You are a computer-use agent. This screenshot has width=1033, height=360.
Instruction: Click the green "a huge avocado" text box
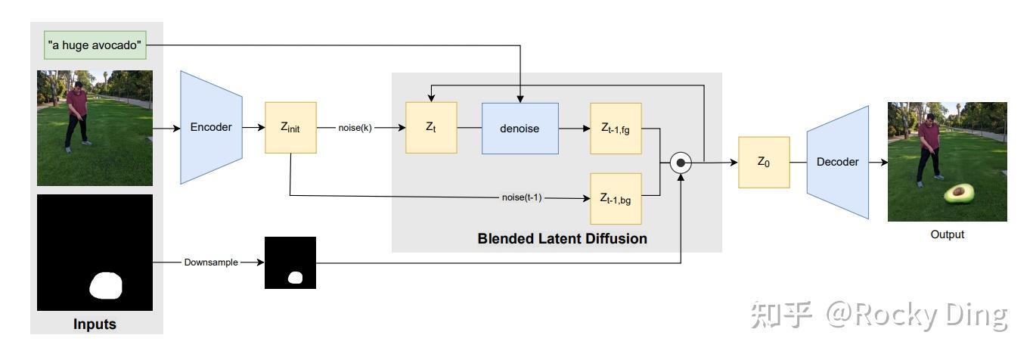point(95,45)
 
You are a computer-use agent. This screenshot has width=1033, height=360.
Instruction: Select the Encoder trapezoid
point(211,127)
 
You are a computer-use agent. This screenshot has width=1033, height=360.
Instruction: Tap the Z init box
point(290,128)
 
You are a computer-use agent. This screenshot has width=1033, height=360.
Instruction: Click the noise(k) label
point(355,128)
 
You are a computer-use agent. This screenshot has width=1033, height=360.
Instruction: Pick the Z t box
point(431,128)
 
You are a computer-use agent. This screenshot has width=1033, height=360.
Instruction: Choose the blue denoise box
point(520,129)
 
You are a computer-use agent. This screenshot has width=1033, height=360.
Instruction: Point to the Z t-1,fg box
point(616,129)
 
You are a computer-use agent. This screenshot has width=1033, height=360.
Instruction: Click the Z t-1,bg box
point(616,199)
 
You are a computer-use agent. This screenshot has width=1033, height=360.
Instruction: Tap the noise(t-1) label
point(522,197)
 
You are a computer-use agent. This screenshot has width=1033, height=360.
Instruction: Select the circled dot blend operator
point(681,163)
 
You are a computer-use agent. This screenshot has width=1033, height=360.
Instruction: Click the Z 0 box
point(764,163)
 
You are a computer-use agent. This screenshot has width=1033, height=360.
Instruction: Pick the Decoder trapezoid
point(837,163)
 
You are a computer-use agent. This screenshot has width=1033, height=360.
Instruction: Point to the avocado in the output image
point(959,194)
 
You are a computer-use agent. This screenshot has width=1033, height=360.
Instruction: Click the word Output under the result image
point(948,234)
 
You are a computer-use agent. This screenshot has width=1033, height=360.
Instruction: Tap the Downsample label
point(211,262)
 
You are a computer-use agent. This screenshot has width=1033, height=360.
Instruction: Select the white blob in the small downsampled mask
point(295,278)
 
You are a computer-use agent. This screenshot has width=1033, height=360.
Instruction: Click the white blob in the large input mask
point(106,286)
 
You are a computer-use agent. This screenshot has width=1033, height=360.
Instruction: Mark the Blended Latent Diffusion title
point(562,238)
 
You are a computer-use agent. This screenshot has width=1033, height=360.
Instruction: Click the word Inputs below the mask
point(95,324)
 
